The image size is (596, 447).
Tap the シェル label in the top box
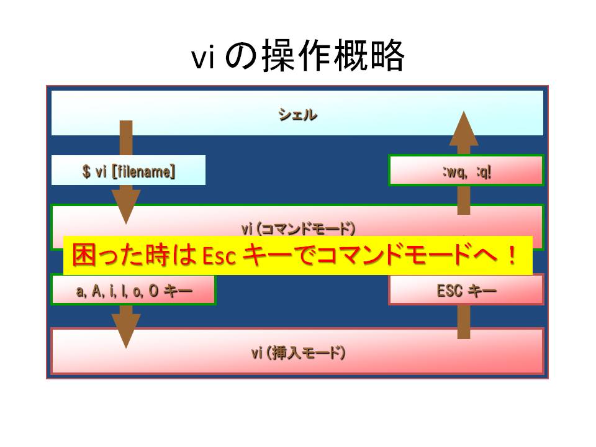(x=297, y=114)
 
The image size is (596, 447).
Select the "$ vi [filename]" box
(x=129, y=170)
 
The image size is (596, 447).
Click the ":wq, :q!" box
(x=466, y=170)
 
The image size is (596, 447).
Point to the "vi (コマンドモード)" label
(x=299, y=228)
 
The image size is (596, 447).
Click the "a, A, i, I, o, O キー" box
(x=133, y=290)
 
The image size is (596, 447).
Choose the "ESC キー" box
(x=466, y=290)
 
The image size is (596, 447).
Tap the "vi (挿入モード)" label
(x=299, y=353)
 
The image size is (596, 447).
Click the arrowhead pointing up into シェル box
(x=464, y=129)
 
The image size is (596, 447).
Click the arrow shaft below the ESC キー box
(x=464, y=322)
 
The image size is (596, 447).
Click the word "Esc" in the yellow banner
(x=219, y=255)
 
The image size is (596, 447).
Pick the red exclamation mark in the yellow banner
(x=512, y=255)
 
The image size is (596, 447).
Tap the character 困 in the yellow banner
(x=83, y=255)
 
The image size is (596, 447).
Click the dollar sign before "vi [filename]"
(x=86, y=171)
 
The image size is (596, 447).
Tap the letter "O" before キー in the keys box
(x=153, y=291)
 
